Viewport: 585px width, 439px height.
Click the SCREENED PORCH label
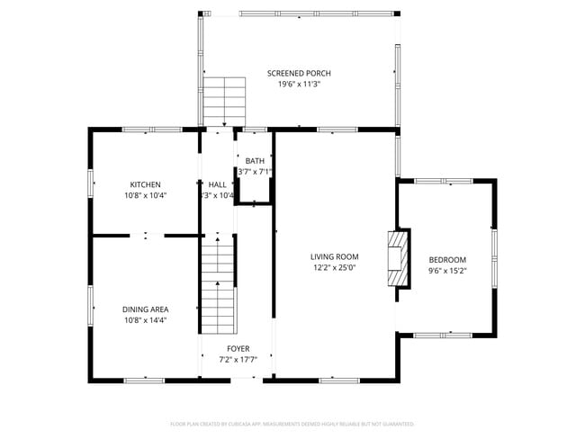(x=299, y=73)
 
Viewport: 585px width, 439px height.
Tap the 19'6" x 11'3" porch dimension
(x=299, y=84)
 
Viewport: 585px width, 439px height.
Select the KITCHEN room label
(x=145, y=184)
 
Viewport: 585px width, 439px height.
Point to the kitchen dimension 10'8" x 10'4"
(x=145, y=195)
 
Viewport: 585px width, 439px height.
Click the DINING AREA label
(x=145, y=309)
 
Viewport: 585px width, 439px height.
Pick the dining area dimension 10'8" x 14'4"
(x=145, y=320)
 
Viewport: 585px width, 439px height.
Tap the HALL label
(x=217, y=184)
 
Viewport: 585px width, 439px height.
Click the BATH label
(x=255, y=161)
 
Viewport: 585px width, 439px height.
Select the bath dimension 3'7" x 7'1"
(x=255, y=172)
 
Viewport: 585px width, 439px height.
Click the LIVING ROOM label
(x=335, y=256)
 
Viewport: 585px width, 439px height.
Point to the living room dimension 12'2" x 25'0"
(x=335, y=267)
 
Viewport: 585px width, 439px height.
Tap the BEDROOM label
(x=446, y=259)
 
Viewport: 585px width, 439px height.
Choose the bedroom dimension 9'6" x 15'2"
(x=446, y=270)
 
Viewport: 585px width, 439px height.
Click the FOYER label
(x=238, y=348)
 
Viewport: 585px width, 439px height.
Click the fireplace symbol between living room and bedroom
(x=398, y=259)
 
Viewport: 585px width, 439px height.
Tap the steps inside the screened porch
(x=224, y=101)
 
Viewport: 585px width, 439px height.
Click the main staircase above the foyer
(x=217, y=283)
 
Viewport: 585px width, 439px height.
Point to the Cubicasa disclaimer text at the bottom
(x=292, y=423)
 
